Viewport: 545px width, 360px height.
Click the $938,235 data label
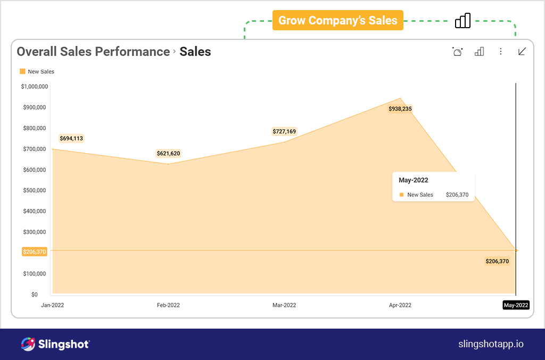coord(400,109)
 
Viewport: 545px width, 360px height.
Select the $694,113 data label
coord(71,139)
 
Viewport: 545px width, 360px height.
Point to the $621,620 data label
coord(168,154)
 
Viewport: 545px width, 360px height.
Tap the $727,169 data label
coord(284,131)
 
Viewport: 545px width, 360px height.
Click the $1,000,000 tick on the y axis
coord(35,87)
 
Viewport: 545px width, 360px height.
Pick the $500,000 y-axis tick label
coord(35,190)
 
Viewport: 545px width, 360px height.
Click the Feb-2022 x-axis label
coord(168,305)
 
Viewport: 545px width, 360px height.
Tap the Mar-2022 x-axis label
coord(284,305)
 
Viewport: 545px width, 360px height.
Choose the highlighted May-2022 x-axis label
coord(516,305)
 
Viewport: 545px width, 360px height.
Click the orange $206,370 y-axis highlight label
coord(35,252)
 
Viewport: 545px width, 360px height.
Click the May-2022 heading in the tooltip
coord(414,180)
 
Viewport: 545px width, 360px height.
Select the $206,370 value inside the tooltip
coord(457,195)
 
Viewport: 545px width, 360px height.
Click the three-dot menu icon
coord(500,52)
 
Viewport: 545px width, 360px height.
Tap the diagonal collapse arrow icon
coord(522,52)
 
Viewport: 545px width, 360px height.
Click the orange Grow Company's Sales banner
coord(338,21)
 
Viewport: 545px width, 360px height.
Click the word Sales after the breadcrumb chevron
coord(195,52)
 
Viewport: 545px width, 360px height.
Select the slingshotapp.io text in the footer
coord(491,344)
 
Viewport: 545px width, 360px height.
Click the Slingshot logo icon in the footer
coord(28,344)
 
